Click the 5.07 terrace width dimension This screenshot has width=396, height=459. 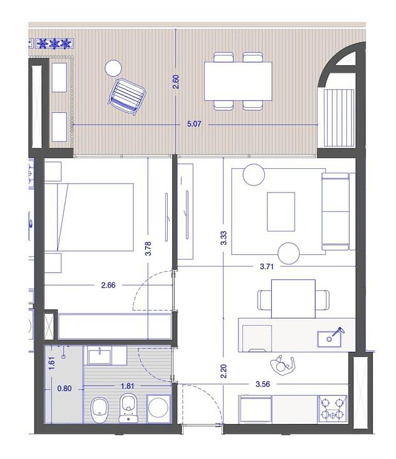194,124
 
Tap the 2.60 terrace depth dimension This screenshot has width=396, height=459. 175,82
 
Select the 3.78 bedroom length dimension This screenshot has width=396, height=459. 148,249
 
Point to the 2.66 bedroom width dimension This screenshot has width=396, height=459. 108,285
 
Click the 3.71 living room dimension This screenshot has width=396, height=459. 267,266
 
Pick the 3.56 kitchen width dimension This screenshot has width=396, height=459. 263,384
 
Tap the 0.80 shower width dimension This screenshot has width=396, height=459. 64,388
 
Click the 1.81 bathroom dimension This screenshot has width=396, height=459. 128,386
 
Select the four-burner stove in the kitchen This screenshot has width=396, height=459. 333,409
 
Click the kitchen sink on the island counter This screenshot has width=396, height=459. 330,339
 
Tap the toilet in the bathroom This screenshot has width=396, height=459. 99,410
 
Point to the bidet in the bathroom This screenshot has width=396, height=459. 129,409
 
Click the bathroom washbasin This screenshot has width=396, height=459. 99,356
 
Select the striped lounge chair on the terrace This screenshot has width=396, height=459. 128,97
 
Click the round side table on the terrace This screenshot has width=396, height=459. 113,68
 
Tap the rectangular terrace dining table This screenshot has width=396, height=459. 238,81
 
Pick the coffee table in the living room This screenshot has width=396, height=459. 281,212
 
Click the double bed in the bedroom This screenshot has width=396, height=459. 89,217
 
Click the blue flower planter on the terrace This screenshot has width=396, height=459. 54,44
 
